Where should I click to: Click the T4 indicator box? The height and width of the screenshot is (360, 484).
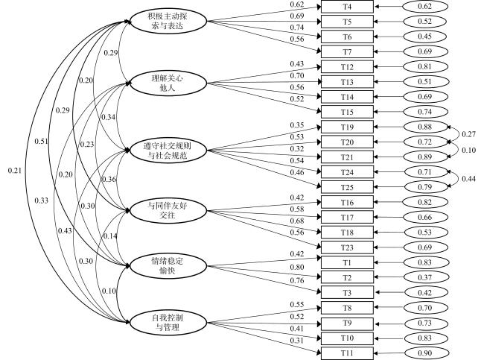point(347,7)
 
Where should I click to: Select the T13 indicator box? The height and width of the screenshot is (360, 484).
point(347,82)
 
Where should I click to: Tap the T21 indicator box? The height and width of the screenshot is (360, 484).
point(347,157)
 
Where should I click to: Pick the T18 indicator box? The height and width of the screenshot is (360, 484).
point(347,233)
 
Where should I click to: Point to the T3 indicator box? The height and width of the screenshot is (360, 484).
point(347,293)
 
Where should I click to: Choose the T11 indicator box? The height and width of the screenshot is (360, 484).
point(347,353)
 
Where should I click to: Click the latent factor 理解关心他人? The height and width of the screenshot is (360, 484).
point(168,83)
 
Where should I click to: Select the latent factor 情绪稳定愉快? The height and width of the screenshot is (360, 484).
point(168,266)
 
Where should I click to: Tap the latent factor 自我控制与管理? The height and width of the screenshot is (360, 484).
point(168,322)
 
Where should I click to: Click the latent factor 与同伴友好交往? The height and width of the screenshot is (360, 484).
point(168,211)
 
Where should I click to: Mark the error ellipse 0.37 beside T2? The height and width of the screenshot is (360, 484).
point(425,277)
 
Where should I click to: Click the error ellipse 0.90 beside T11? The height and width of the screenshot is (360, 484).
point(425,353)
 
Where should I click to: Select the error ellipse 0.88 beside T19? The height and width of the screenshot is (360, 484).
point(425,127)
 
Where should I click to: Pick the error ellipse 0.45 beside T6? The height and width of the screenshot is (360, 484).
point(425,37)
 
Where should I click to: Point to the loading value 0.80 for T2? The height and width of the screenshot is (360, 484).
point(297,268)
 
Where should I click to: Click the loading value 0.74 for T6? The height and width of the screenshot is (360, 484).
point(297,28)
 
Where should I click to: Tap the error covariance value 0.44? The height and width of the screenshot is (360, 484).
point(468,179)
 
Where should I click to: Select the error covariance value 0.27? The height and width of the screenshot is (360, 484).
point(468,134)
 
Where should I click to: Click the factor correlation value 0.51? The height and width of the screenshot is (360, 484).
point(42,142)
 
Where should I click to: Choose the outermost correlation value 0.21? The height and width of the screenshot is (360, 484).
point(15,170)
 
